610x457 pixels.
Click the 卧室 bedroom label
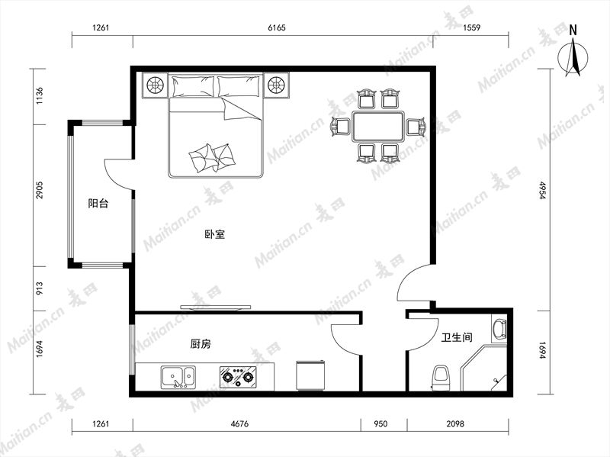[x=215, y=234]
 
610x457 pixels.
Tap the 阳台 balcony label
[x=98, y=203]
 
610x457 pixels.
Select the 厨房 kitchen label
[x=201, y=344]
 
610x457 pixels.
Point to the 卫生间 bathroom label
[x=457, y=337]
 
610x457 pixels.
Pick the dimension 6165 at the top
[x=277, y=27]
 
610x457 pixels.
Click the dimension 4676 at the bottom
[x=239, y=423]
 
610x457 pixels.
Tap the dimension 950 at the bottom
[x=380, y=423]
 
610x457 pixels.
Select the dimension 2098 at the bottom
[x=454, y=423]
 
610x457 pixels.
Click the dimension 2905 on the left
[x=40, y=190]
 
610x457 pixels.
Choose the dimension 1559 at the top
[x=471, y=27]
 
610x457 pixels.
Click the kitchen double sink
[x=178, y=377]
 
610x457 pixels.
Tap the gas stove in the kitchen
[x=238, y=377]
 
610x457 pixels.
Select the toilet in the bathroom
[x=441, y=378]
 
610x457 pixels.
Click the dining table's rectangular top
[x=378, y=127]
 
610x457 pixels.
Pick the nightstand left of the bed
[x=155, y=85]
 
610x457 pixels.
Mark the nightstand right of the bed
[x=277, y=85]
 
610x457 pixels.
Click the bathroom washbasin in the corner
[x=499, y=329]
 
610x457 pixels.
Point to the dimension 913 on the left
[x=40, y=288]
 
